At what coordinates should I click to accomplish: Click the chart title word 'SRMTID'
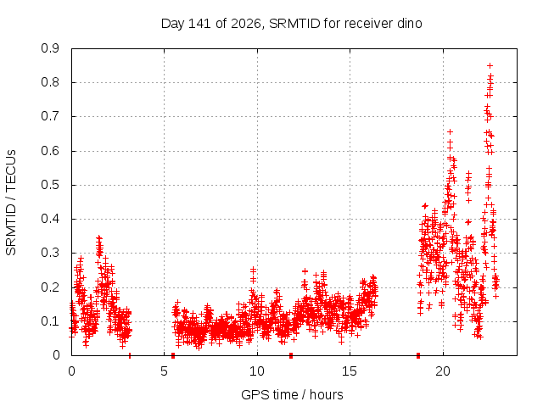(x=294, y=24)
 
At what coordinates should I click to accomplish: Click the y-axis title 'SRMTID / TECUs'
(x=11, y=203)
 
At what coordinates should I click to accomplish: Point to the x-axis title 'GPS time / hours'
(x=292, y=394)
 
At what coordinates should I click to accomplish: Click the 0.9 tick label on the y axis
(x=50, y=48)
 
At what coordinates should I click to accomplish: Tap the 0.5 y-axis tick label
(x=50, y=185)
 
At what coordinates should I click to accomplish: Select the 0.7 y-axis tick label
(x=50, y=116)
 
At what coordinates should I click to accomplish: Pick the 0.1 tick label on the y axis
(x=50, y=321)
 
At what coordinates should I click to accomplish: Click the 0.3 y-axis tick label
(x=50, y=253)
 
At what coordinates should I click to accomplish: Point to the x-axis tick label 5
(x=164, y=371)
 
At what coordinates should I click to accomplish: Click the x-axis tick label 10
(x=257, y=371)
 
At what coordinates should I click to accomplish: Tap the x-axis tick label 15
(x=350, y=371)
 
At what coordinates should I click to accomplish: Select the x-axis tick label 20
(x=443, y=371)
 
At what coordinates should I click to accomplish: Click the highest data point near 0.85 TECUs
(x=490, y=65)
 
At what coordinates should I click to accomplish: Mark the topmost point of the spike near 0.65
(x=450, y=132)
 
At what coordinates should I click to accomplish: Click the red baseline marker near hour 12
(x=291, y=355)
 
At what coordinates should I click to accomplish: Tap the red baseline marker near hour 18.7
(x=418, y=355)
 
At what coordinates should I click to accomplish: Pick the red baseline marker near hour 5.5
(x=173, y=355)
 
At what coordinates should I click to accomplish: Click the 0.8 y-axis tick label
(x=50, y=82)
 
